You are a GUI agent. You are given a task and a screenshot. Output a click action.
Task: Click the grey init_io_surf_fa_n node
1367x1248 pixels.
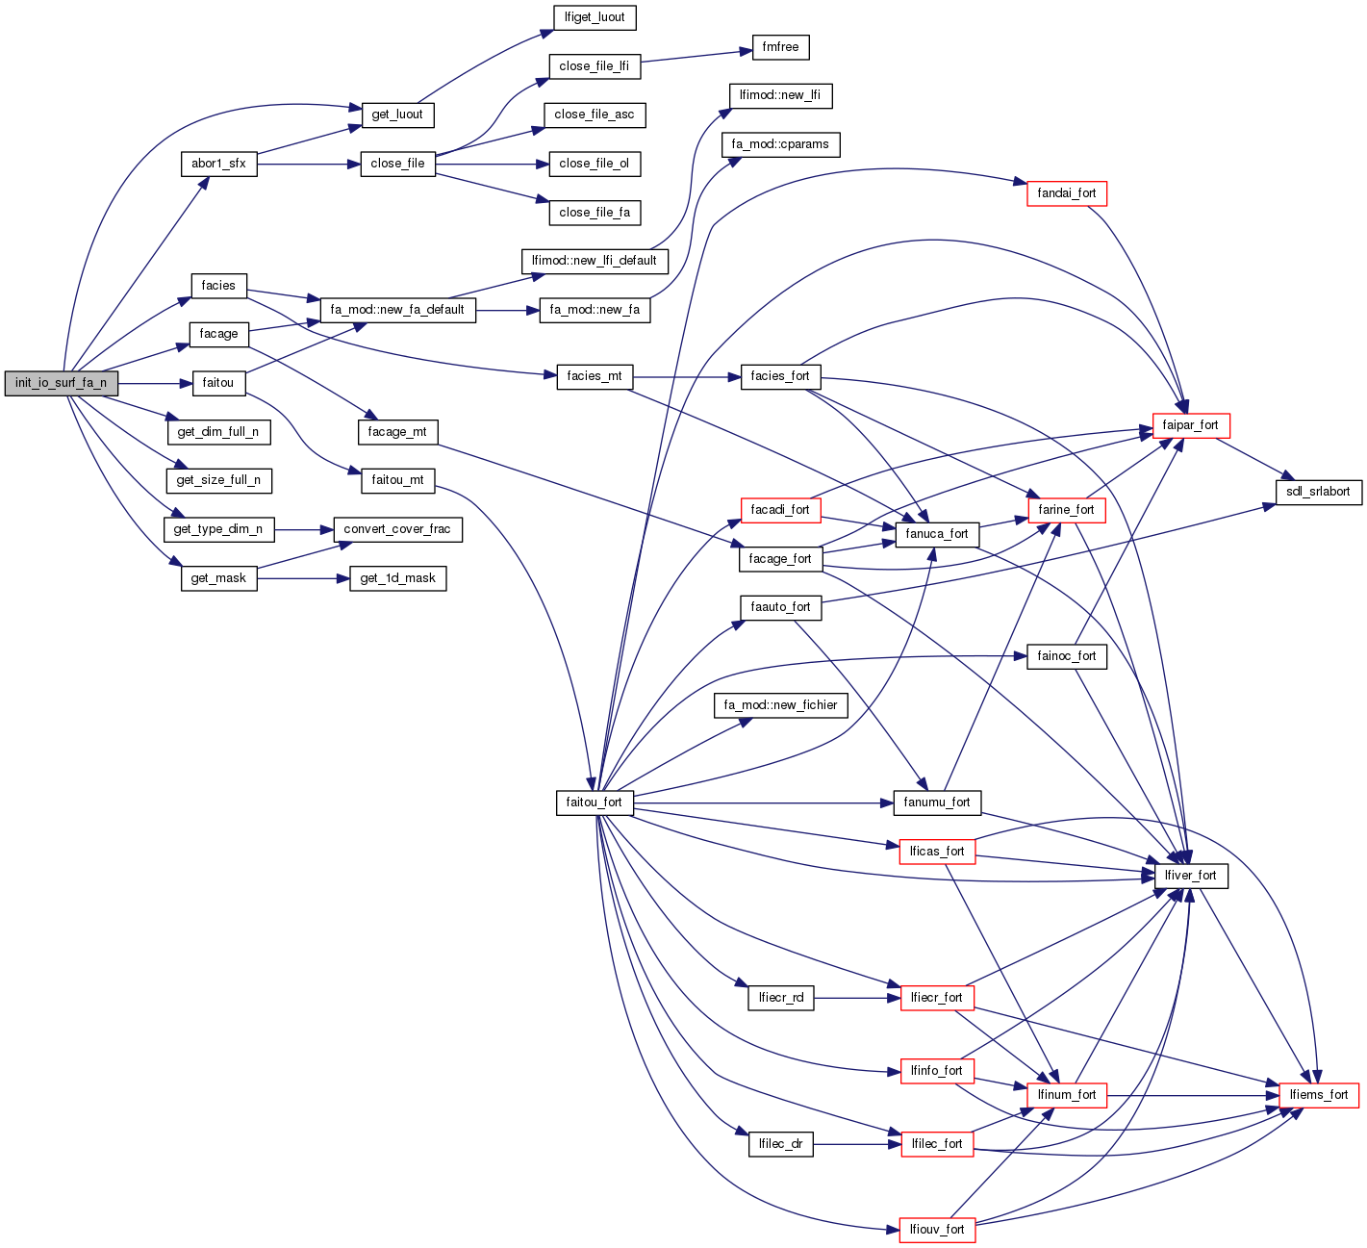pos(61,383)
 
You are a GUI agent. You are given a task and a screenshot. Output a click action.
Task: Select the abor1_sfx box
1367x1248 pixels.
pos(218,164)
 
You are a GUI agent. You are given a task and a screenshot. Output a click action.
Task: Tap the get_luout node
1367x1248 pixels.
pos(396,115)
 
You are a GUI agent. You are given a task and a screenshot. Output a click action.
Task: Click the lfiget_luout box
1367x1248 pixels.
pos(595,17)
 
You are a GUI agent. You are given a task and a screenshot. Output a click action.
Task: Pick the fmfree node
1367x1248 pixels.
pos(780,47)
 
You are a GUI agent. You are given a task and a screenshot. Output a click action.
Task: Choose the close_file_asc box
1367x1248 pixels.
pos(595,115)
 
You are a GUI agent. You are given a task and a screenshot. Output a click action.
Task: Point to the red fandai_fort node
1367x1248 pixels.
pos(1067,193)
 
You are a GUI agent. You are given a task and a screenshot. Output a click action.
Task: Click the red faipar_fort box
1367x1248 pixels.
pos(1190,425)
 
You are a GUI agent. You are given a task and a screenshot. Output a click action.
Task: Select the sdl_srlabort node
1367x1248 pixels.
pos(1318,492)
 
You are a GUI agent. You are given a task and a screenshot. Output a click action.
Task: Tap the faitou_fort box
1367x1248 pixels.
pos(594,802)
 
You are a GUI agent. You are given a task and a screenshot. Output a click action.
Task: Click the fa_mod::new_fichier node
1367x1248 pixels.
pos(780,705)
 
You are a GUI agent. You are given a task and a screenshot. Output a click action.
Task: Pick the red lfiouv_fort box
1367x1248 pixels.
pos(936,1230)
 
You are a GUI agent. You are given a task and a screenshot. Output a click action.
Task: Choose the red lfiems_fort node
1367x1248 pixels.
pos(1319,1095)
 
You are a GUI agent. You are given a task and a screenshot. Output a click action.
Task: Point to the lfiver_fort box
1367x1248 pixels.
pos(1190,876)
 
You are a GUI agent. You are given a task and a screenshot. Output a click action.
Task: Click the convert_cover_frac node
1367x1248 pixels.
pos(396,529)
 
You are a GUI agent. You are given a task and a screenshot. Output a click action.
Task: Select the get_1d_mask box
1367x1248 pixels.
pos(397,578)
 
